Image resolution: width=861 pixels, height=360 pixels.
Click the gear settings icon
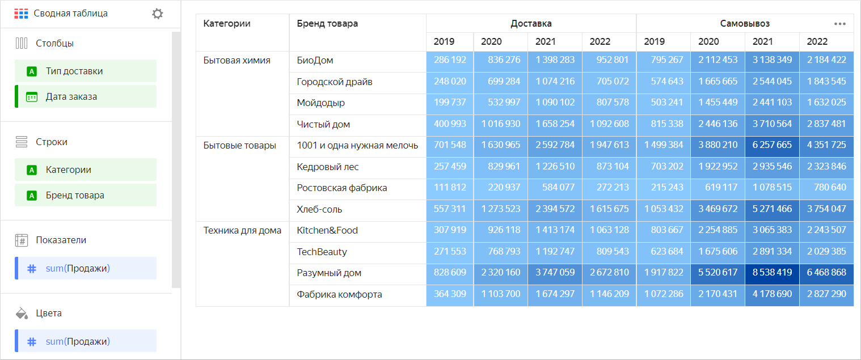click(x=158, y=14)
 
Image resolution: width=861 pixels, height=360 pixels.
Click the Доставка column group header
click(x=531, y=23)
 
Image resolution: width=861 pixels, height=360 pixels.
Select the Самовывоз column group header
click(x=744, y=23)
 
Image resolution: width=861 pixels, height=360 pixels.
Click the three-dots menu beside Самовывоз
click(x=839, y=24)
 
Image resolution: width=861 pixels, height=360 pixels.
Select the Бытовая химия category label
click(x=237, y=60)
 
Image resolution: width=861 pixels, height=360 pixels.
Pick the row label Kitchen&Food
click(x=327, y=230)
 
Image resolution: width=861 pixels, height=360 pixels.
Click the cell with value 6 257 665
click(x=772, y=145)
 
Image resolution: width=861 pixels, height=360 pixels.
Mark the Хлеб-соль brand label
click(x=319, y=209)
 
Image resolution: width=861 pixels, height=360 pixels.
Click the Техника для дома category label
click(x=242, y=230)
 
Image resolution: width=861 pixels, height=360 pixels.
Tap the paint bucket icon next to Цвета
click(x=22, y=313)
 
